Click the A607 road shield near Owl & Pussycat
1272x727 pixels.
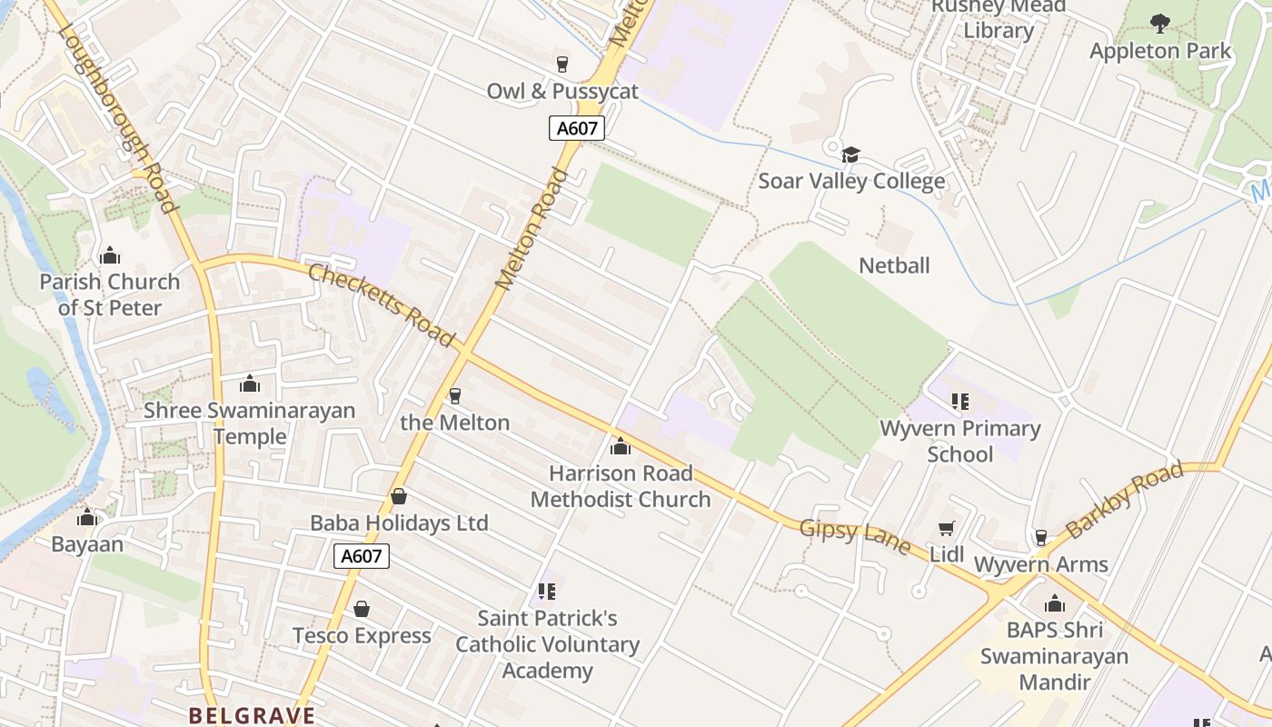pyautogui.click(x=577, y=128)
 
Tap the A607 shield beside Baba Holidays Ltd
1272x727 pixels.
pyautogui.click(x=362, y=556)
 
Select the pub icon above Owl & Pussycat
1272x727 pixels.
pyautogui.click(x=562, y=64)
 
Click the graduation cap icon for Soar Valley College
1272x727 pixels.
pyautogui.click(x=850, y=155)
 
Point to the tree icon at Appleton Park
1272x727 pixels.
pyautogui.click(x=1159, y=24)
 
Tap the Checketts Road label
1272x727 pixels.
pyautogui.click(x=381, y=304)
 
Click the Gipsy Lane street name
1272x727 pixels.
pyautogui.click(x=855, y=536)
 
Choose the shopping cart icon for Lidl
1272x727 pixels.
pyautogui.click(x=946, y=528)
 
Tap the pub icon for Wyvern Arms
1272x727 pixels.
pyautogui.click(x=1041, y=538)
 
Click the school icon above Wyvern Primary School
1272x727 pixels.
pyautogui.click(x=959, y=401)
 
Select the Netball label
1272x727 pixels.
pyautogui.click(x=894, y=265)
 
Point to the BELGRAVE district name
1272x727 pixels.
pyautogui.click(x=252, y=715)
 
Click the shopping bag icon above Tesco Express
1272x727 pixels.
pyautogui.click(x=362, y=608)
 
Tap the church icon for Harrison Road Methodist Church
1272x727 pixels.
pyautogui.click(x=621, y=446)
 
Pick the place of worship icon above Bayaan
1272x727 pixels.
pyautogui.click(x=87, y=518)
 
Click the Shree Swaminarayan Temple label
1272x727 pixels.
pyautogui.click(x=249, y=423)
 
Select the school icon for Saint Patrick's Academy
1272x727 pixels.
pyautogui.click(x=546, y=592)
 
